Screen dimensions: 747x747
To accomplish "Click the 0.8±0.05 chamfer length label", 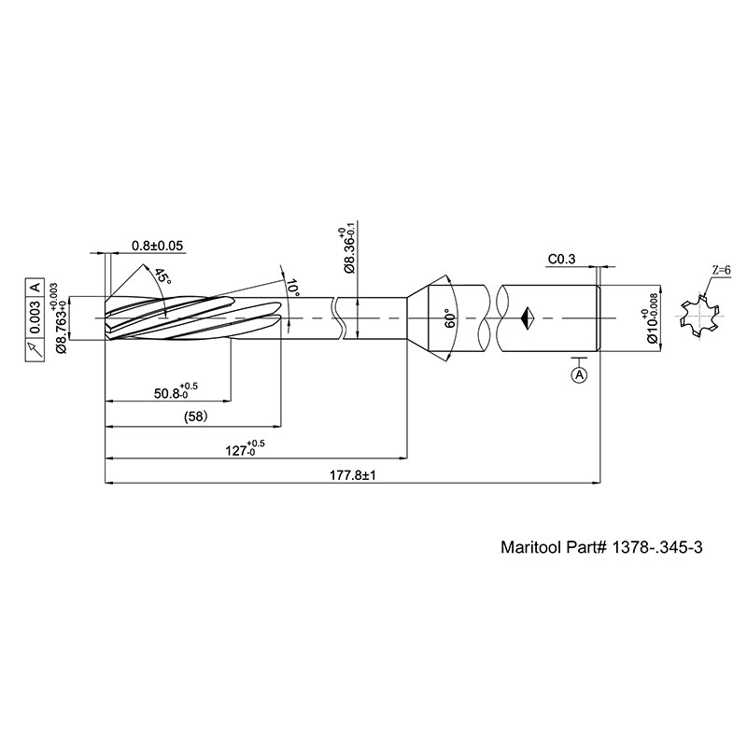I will pyautogui.click(x=157, y=246).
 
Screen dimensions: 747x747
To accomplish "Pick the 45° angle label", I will pyautogui.click(x=162, y=276).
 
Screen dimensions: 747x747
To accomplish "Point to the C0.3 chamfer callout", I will pyautogui.click(x=562, y=259).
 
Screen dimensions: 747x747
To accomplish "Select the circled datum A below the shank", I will pyautogui.click(x=580, y=374).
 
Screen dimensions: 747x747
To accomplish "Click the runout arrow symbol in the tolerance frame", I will pyautogui.click(x=35, y=347).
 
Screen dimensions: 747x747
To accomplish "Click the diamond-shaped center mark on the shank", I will pyautogui.click(x=528, y=317).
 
